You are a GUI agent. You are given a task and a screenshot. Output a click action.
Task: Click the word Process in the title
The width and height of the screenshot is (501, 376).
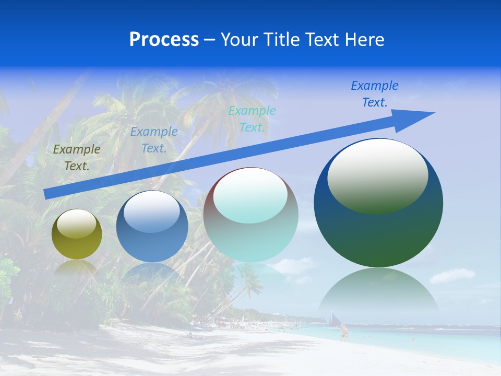click(x=164, y=40)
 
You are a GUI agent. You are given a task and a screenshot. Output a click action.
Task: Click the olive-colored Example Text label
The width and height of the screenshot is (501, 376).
click(x=77, y=158)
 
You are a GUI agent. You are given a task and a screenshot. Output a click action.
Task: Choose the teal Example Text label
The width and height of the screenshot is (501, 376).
click(x=252, y=119)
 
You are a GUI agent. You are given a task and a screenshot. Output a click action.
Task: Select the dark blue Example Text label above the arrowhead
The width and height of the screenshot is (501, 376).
click(x=375, y=94)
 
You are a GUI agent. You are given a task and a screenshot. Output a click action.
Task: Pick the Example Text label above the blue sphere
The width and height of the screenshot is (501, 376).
click(x=154, y=140)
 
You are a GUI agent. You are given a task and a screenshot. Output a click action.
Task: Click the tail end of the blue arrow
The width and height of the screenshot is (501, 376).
click(x=47, y=194)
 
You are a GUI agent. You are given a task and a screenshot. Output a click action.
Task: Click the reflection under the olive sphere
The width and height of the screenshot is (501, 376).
click(x=77, y=267)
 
